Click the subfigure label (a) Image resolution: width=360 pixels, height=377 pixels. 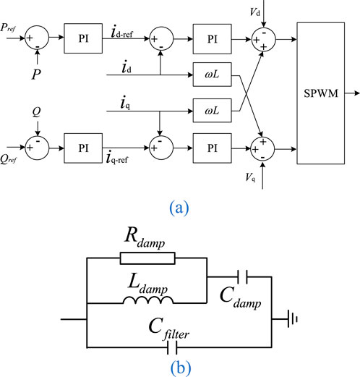180,208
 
